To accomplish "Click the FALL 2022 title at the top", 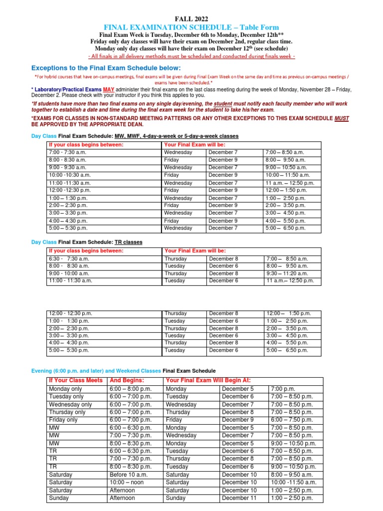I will click(191, 17).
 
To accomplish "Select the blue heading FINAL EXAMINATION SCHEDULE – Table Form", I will click(191, 27).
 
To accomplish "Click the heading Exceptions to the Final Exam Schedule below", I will click(106, 68).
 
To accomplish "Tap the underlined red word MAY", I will click(109, 89).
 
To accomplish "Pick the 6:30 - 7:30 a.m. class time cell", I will click(70, 259).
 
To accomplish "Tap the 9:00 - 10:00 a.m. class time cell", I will click(69, 273).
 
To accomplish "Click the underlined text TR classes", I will click(129, 243).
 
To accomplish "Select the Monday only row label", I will click(65, 389).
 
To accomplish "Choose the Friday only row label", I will click(63, 420).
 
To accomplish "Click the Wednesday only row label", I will click(70, 405).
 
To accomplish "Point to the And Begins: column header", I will click(126, 381).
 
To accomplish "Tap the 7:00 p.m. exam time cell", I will click(283, 389).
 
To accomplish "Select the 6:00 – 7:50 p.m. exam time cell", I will click(292, 420).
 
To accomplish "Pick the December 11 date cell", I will click(239, 498).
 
